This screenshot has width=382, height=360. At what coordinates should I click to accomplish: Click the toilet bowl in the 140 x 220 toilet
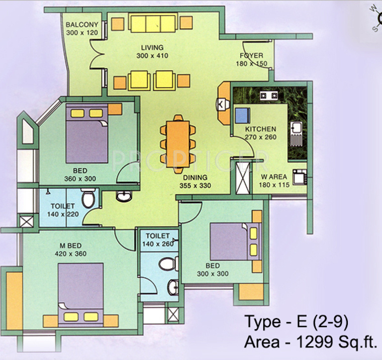88,199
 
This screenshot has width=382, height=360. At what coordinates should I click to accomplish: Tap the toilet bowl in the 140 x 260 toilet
166,264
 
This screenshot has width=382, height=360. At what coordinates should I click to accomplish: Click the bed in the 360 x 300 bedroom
86,134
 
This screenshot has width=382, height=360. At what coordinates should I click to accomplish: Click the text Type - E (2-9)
296,320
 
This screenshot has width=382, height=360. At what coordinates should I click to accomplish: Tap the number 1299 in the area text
314,342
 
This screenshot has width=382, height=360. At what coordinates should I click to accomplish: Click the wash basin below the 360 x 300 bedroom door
123,196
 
